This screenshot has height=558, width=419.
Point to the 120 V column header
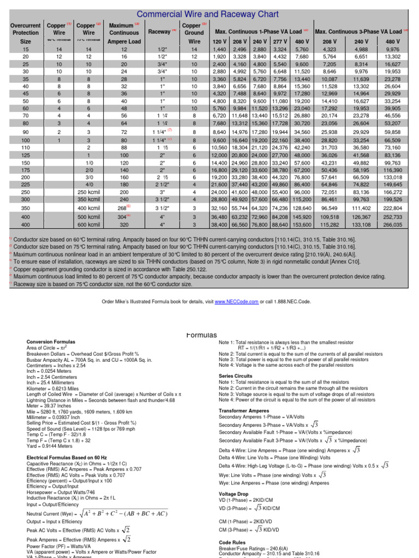(x=219, y=41)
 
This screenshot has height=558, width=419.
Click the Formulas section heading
(x=202, y=335)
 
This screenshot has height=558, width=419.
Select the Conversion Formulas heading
(x=52, y=342)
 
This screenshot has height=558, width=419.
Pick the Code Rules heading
(x=233, y=543)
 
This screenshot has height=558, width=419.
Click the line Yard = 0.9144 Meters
(x=51, y=446)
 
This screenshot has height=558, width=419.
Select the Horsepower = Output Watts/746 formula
(x=61, y=491)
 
